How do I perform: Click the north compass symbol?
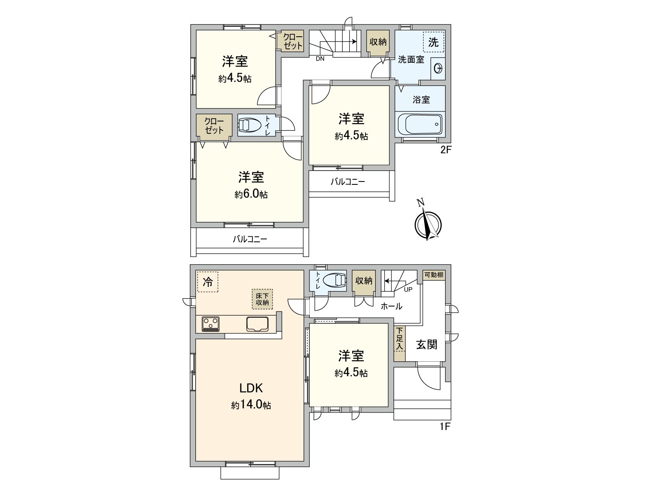tap(428, 223)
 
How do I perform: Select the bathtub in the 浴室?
tap(420, 124)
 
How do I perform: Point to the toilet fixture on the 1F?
tap(335, 280)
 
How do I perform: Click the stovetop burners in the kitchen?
tap(211, 323)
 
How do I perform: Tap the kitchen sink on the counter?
tap(257, 324)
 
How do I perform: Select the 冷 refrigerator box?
tap(207, 282)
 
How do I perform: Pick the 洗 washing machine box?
tap(434, 42)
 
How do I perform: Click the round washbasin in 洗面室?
tap(438, 69)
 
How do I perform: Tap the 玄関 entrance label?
tap(427, 344)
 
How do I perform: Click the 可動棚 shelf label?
tap(434, 275)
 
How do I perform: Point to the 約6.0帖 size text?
tap(251, 194)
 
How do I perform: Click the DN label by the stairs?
tap(320, 59)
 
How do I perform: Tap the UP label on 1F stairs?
tap(408, 289)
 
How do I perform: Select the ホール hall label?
tap(391, 306)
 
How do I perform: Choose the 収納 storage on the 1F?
tap(364, 280)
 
